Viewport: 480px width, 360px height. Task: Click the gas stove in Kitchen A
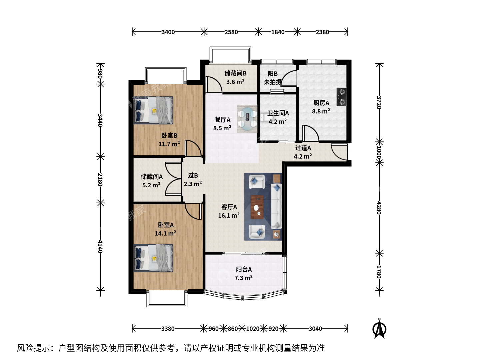[x=341, y=97]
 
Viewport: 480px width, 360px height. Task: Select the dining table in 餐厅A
[x=247, y=119]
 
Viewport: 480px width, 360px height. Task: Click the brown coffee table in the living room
[x=257, y=207]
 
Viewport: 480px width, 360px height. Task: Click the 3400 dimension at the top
[x=168, y=32]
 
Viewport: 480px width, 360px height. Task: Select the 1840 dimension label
[x=278, y=32]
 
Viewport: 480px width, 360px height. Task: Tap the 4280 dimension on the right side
[x=379, y=208]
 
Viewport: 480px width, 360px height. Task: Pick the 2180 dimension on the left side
[x=100, y=179]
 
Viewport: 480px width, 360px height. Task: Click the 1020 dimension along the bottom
[x=253, y=329]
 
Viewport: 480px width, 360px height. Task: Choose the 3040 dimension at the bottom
[x=315, y=329]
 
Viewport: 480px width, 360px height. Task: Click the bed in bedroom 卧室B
[x=153, y=110]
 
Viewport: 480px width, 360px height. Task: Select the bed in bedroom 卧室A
[x=153, y=258]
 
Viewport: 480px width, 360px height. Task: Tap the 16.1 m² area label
[x=229, y=216]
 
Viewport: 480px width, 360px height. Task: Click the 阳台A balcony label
[x=244, y=270]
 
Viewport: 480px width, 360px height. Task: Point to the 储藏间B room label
[x=236, y=73]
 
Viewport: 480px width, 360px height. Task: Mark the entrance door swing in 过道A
[x=339, y=152]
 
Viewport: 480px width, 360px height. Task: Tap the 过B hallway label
[x=193, y=176]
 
